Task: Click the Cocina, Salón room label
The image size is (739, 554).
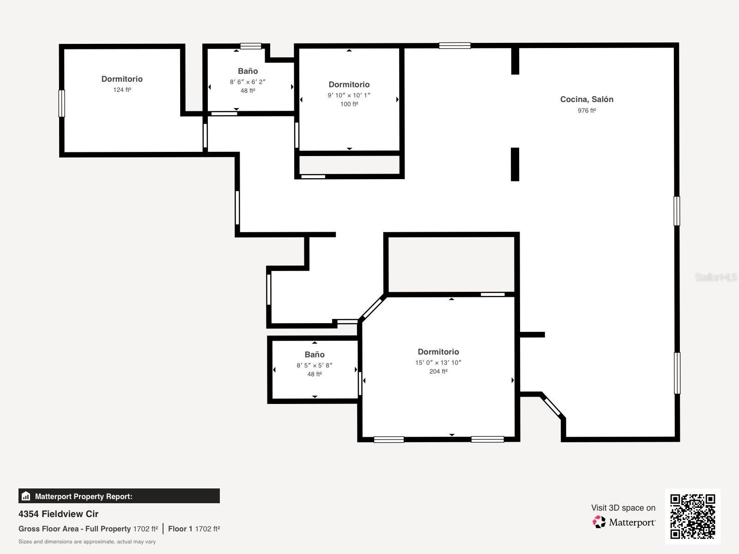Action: tap(587, 99)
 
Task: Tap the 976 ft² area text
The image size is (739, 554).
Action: tap(587, 111)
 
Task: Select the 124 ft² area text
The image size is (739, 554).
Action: tap(122, 90)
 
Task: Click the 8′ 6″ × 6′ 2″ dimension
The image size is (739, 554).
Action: tap(248, 82)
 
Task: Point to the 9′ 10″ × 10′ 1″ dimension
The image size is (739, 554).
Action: tap(349, 95)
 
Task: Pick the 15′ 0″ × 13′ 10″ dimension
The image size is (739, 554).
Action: tap(438, 362)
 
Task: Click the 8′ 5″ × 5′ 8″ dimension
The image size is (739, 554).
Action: tap(315, 365)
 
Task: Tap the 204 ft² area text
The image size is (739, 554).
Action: tap(438, 371)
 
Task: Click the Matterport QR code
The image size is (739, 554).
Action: tap(692, 516)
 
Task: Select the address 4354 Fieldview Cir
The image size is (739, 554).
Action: tap(58, 514)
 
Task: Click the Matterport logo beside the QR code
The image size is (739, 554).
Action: tap(600, 522)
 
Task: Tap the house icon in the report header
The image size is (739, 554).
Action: tap(26, 496)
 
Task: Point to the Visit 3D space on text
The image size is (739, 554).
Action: tap(623, 508)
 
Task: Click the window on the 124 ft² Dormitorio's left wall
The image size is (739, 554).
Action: tap(61, 103)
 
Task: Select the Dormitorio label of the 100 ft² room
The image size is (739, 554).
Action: tap(349, 84)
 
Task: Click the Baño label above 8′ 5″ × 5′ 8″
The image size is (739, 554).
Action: tap(315, 355)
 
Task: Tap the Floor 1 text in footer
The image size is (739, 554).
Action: tap(180, 529)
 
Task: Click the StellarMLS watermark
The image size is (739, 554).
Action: tap(716, 277)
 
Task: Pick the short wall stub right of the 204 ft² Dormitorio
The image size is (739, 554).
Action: tap(533, 335)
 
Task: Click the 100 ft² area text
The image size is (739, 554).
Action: tap(349, 104)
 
